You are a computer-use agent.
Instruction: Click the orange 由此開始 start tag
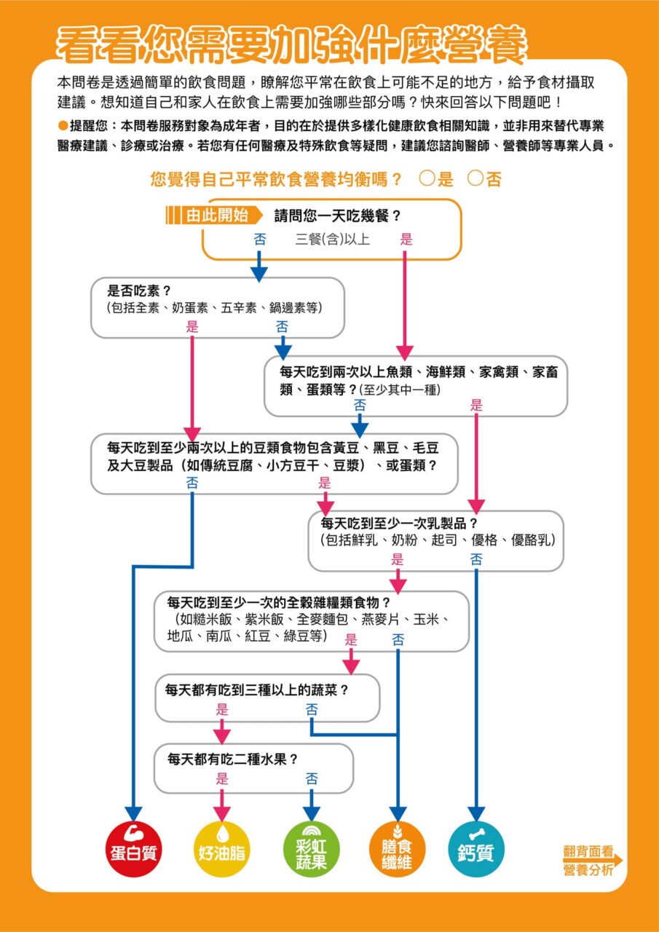click(x=214, y=215)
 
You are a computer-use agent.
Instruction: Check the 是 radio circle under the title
click(x=427, y=178)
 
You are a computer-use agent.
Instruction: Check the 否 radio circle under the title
click(x=475, y=178)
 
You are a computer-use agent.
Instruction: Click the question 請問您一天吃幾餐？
click(x=338, y=216)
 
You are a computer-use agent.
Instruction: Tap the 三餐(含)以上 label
click(x=332, y=240)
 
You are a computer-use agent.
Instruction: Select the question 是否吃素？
click(x=139, y=291)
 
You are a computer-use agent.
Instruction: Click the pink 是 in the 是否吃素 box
click(x=192, y=327)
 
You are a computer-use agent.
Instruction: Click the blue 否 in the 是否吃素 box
click(x=282, y=327)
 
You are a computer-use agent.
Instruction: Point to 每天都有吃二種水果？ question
click(x=233, y=759)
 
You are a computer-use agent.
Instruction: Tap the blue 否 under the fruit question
click(x=312, y=778)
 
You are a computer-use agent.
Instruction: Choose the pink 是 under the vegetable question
click(x=222, y=709)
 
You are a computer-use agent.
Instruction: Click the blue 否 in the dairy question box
click(x=476, y=559)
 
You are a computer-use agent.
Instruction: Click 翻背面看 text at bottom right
click(x=588, y=851)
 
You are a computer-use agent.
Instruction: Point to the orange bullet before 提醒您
click(x=63, y=125)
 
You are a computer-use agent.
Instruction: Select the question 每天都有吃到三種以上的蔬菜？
click(x=257, y=690)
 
